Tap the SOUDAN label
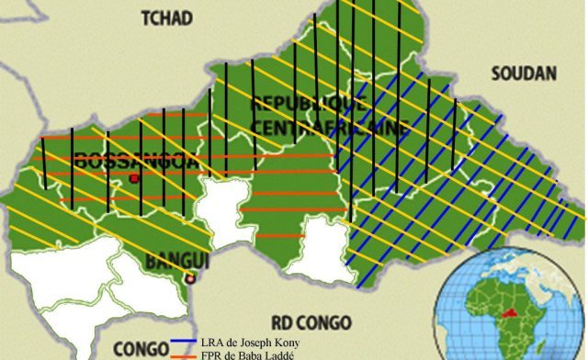[524, 73]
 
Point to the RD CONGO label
[312, 321]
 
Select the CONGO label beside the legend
[140, 348]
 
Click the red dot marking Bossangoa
[133, 178]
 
